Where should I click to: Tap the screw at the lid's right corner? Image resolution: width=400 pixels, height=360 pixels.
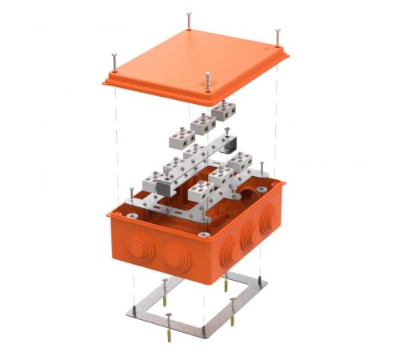tap(278, 35)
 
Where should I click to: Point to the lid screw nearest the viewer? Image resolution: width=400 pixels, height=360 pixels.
tap(207, 78)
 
